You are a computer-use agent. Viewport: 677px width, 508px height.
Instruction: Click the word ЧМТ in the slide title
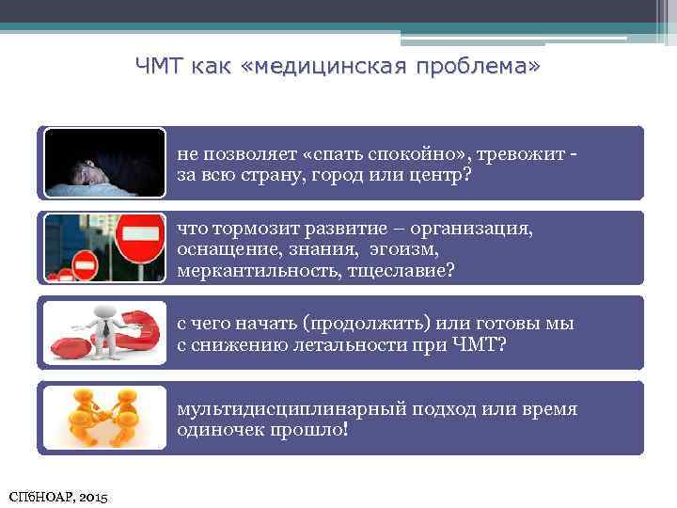click(x=159, y=66)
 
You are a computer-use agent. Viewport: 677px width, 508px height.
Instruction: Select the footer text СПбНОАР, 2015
click(x=57, y=496)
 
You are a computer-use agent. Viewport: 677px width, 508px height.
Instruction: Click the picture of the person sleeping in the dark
click(x=104, y=163)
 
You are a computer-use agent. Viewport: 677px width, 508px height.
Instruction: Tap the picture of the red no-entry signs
click(x=104, y=248)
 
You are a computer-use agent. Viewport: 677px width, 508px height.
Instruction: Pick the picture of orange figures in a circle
click(x=104, y=418)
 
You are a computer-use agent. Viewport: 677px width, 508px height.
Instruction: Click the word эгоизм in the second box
click(x=402, y=249)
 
